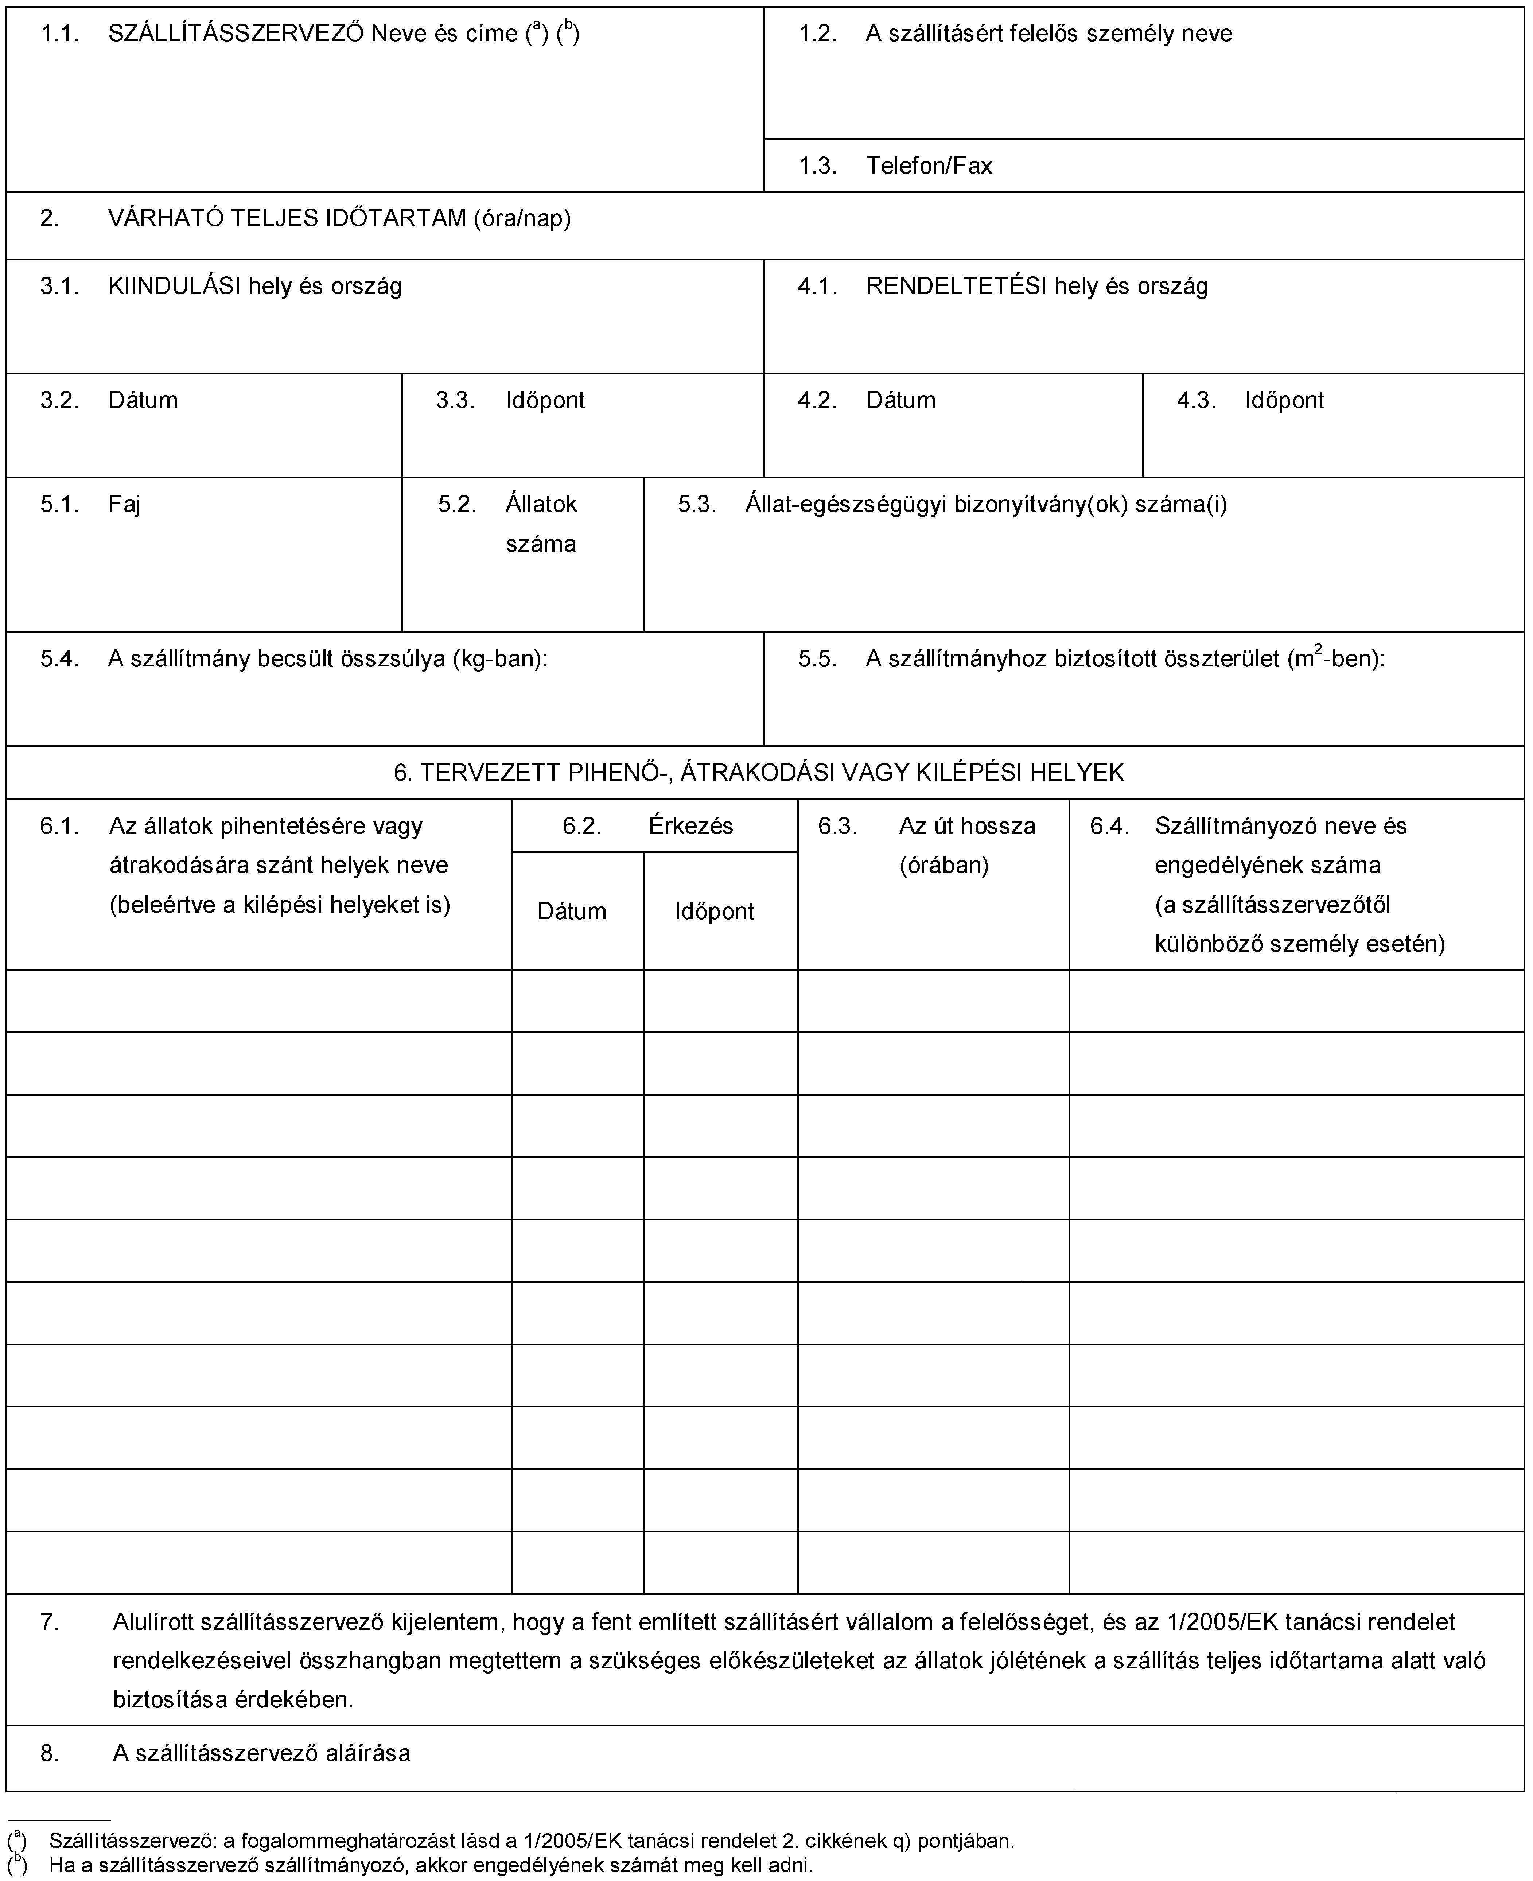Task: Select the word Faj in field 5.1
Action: click(x=125, y=504)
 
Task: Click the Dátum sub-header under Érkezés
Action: click(x=571, y=912)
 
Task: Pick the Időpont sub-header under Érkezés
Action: click(x=715, y=912)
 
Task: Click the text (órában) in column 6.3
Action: click(x=943, y=864)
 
